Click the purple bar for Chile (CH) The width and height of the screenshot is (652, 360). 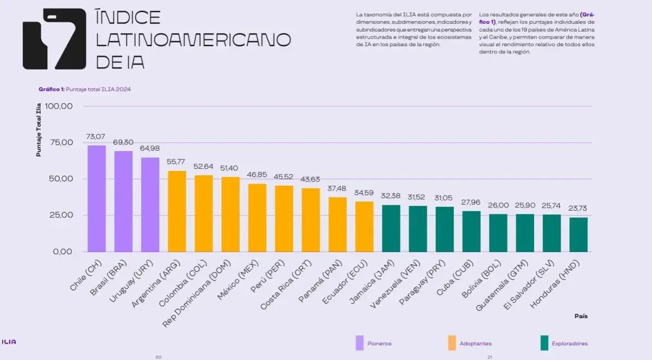coord(97,198)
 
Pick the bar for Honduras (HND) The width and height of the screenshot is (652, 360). coord(578,234)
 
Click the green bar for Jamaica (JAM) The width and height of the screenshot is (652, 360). coord(391,228)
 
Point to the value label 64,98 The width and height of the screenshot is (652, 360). coord(150,148)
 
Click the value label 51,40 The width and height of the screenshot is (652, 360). coord(230,168)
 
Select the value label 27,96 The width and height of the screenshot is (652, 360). coord(471,202)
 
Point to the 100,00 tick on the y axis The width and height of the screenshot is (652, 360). coord(59,106)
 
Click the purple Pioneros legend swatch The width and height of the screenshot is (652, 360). coord(360,343)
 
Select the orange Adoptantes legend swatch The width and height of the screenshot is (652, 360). coord(452,343)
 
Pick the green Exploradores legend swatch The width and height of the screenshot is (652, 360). coord(544,343)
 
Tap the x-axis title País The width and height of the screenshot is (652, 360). coord(581,315)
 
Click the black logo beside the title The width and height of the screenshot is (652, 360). coord(54,39)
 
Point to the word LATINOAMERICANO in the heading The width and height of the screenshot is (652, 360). coord(193,40)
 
